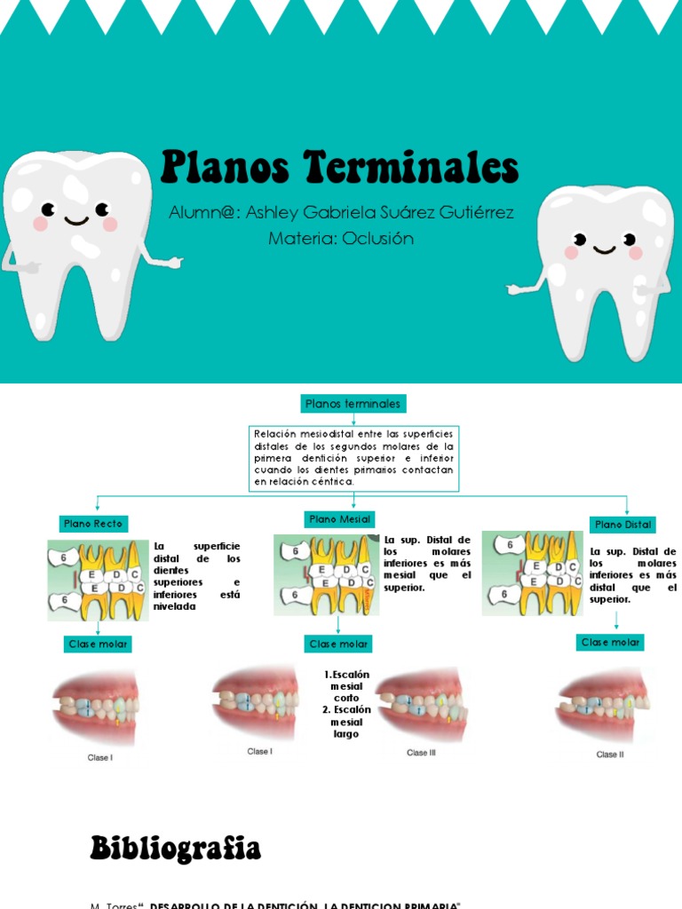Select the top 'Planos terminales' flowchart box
353,404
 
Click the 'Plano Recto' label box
93,524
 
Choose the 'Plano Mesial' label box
340,518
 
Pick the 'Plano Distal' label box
623,525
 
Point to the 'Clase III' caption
421,753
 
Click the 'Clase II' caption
609,755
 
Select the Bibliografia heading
176,849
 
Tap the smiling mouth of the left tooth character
75,218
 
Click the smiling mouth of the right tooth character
606,249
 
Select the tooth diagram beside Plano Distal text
532,573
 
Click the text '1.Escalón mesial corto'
346,686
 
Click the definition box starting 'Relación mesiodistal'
353,457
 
